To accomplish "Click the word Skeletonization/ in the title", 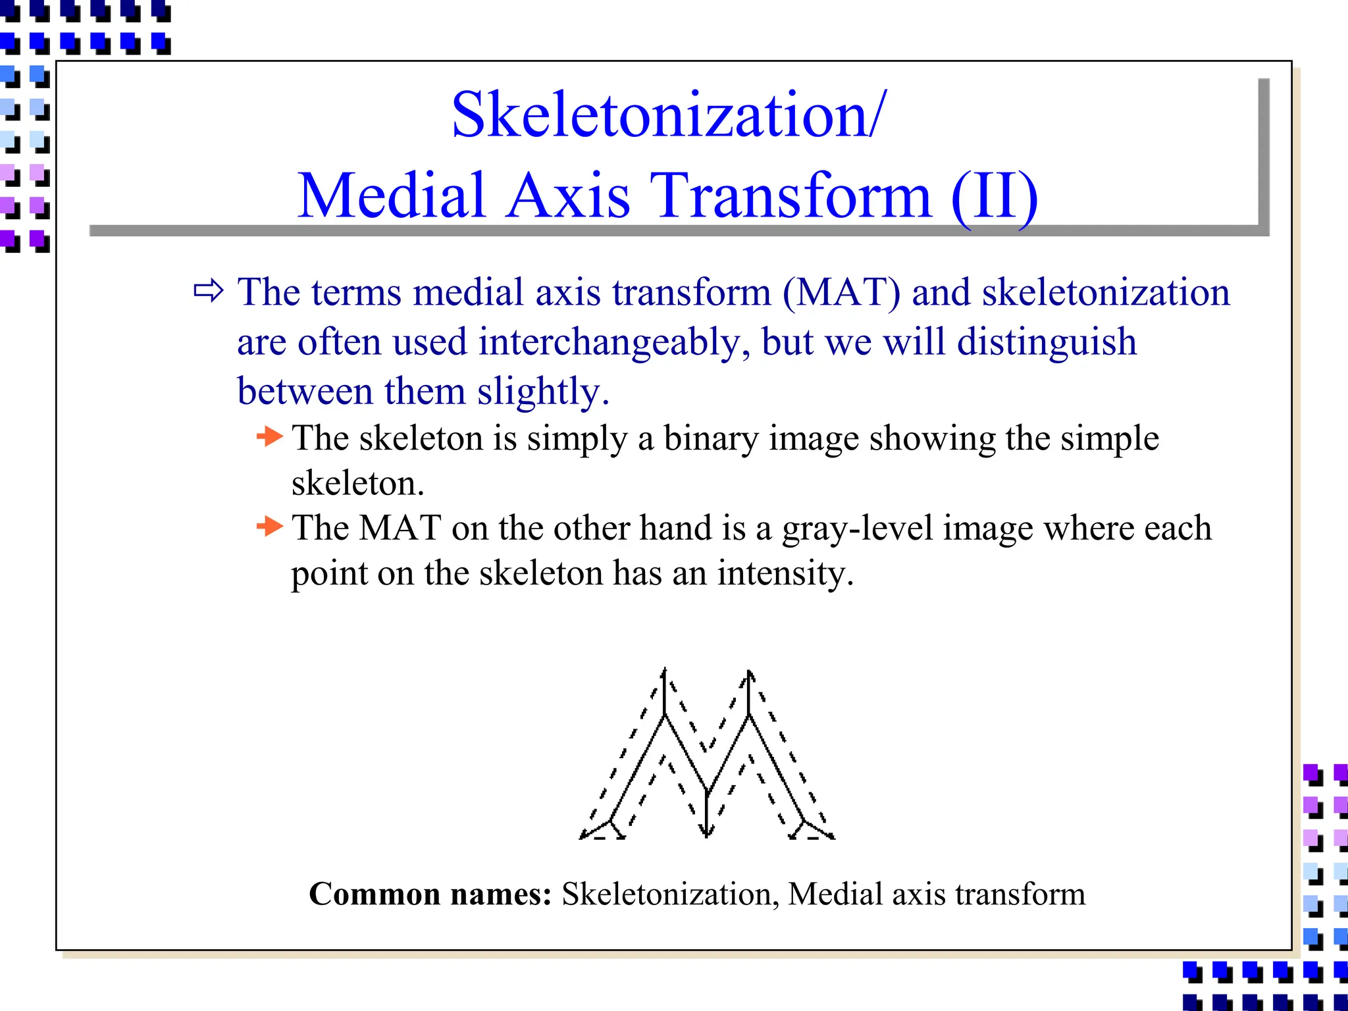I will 669,116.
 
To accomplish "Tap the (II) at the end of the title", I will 994,196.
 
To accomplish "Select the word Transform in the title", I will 791,196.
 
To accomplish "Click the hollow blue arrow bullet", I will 209,290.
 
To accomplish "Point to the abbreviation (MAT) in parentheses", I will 841,292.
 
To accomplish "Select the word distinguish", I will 1047,342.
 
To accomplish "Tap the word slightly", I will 543,392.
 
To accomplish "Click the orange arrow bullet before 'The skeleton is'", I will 269,436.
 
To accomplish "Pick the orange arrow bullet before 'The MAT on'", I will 269,526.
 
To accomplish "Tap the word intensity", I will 785,573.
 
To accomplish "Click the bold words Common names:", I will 430,894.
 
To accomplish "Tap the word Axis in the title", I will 569,196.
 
